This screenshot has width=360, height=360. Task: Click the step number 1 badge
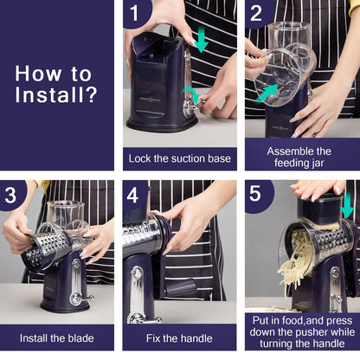coord(134,12)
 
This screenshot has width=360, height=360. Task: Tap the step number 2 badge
coord(255,12)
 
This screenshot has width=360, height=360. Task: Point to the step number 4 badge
coord(134,194)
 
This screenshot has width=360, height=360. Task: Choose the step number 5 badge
coord(255,194)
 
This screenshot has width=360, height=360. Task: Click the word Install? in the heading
coord(57,93)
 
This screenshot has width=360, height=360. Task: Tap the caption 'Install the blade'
coord(57,337)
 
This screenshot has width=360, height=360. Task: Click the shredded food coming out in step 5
coord(299,260)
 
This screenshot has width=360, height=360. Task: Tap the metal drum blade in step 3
coord(48,247)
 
